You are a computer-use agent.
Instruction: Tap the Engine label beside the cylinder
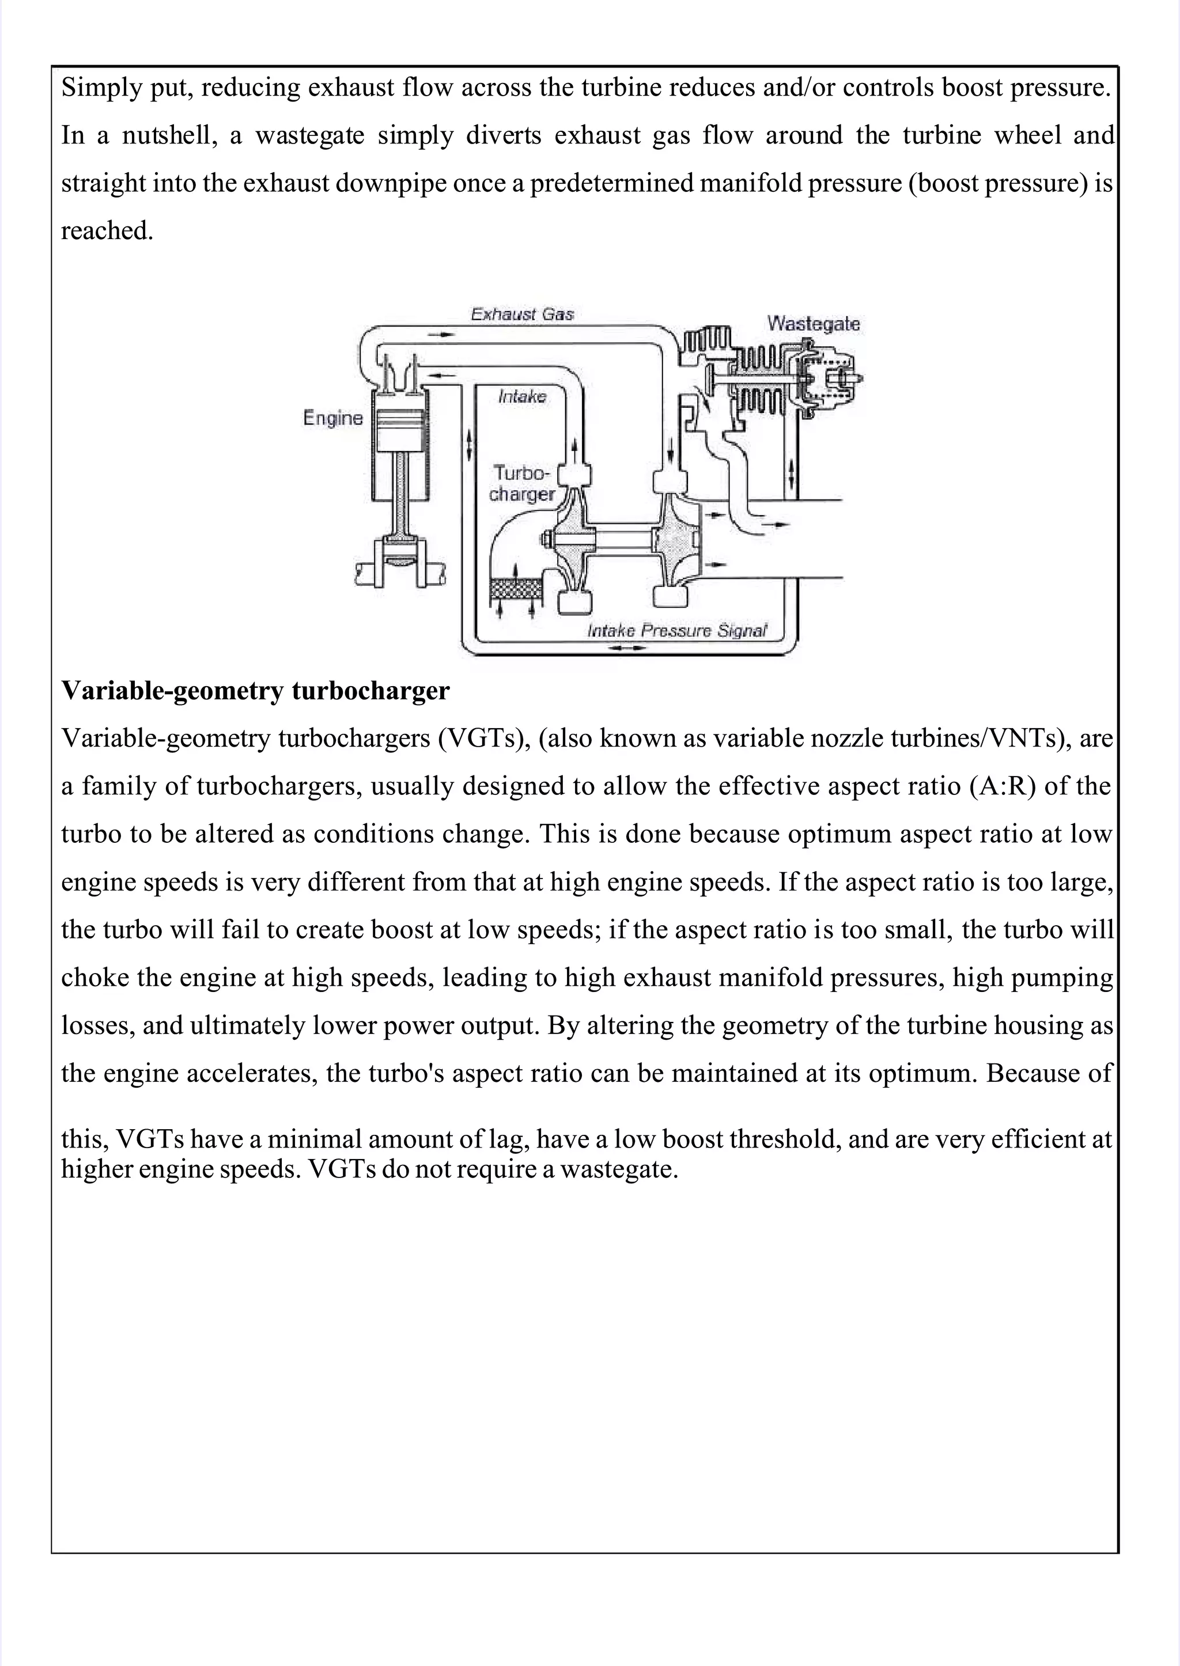[x=333, y=418]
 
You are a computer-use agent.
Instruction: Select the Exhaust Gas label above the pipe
[x=523, y=314]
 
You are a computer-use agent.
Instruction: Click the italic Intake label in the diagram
[x=521, y=396]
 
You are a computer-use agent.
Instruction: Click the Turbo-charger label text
[x=521, y=484]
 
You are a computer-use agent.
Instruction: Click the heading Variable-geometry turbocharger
[x=255, y=690]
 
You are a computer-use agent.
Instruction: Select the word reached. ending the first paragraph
[x=107, y=231]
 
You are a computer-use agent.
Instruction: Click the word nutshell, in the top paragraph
[x=169, y=135]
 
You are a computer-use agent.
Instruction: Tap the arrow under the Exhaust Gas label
[x=440, y=334]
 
